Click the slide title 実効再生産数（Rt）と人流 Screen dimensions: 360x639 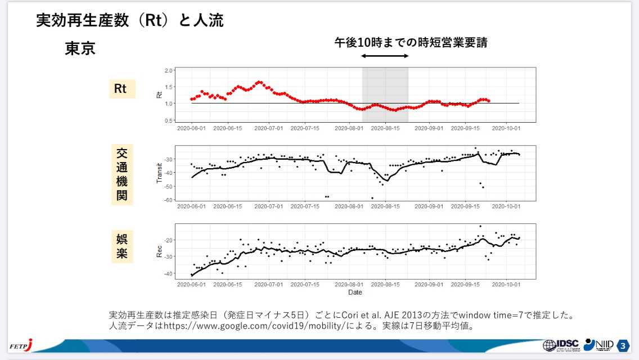tap(130, 21)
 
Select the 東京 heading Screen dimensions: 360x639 tap(80, 49)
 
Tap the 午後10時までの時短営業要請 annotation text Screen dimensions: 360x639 tap(410, 42)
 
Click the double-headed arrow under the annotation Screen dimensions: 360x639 tap(385, 56)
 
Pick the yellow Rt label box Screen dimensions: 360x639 tap(122, 89)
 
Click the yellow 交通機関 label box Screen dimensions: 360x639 tap(122, 174)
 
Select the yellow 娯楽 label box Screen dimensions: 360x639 tap(122, 246)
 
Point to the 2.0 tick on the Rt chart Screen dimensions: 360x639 tap(169, 71)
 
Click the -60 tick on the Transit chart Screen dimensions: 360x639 tap(168, 200)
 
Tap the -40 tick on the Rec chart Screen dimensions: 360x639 tap(168, 274)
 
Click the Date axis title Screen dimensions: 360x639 tap(355, 292)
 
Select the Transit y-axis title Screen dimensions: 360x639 tap(159, 173)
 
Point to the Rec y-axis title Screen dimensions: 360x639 tap(159, 251)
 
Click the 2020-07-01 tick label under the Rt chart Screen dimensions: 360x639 tap(269, 128)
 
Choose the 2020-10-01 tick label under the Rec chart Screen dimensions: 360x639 tap(507, 285)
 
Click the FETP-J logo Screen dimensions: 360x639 tap(21, 345)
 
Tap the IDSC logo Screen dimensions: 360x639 tap(559, 345)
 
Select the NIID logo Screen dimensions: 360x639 tap(598, 345)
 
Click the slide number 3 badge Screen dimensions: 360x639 tap(623, 345)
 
